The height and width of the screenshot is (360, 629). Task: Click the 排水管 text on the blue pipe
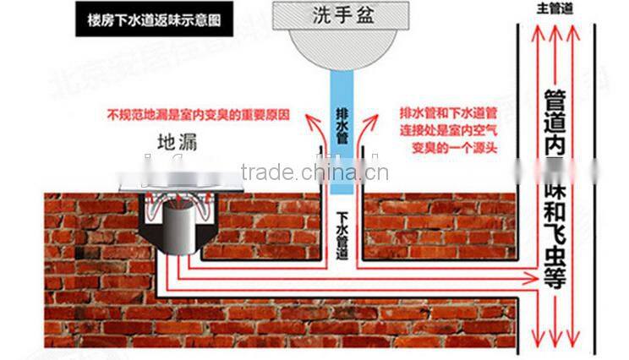(x=342, y=122)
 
